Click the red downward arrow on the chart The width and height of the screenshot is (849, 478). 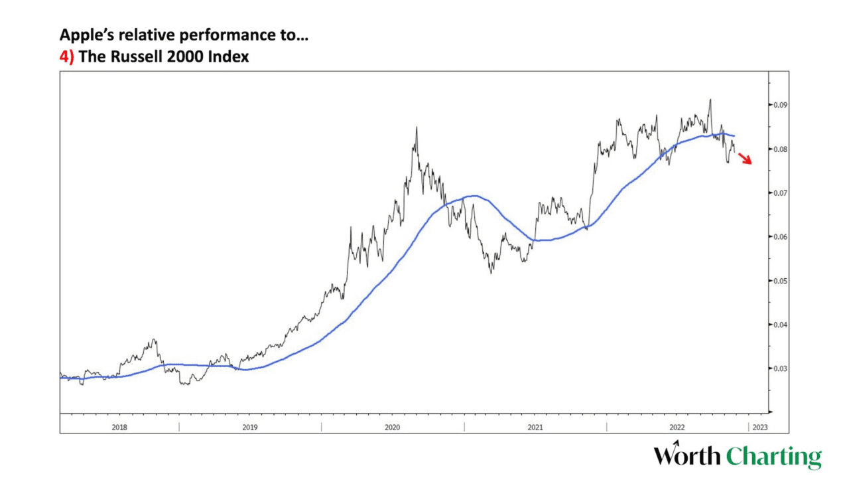[745, 158]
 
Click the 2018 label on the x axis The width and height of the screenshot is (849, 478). [119, 427]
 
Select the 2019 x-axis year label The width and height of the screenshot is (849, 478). [249, 427]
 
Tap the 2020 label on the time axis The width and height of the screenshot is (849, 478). [393, 427]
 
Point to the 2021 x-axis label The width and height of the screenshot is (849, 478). [535, 427]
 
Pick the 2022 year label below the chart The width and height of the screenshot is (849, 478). [677, 427]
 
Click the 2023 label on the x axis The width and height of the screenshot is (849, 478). [760, 427]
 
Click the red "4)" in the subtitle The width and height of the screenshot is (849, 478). [66, 57]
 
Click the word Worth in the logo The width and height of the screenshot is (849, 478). [687, 457]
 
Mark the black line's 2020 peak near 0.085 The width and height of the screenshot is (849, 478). [416, 127]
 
